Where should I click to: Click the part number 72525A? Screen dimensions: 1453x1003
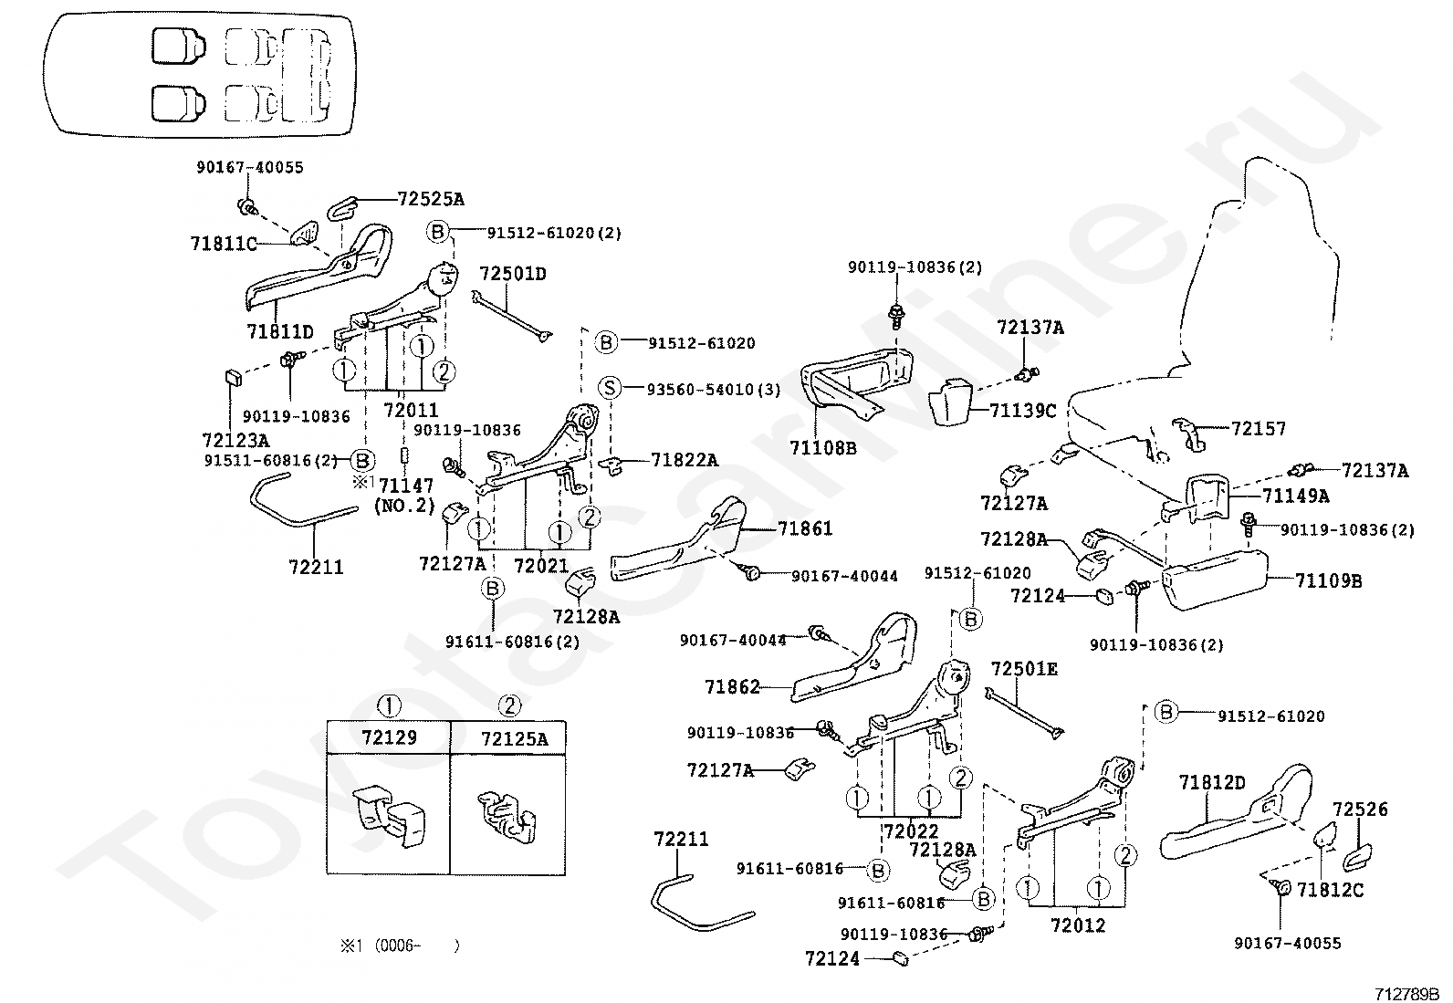point(431,199)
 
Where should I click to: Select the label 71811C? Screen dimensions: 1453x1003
point(224,244)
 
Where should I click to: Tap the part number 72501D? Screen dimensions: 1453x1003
point(513,273)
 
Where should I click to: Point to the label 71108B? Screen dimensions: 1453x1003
point(823,447)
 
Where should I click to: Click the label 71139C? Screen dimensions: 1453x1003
point(1023,411)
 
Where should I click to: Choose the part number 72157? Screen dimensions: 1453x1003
point(1259,428)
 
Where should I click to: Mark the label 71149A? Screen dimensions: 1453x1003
point(1296,496)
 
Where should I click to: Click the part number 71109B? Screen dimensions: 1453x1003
point(1329,580)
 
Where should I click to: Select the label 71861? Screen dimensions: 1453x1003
point(805,528)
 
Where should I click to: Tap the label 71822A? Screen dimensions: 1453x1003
point(685,460)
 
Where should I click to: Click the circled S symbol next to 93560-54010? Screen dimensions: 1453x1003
point(609,389)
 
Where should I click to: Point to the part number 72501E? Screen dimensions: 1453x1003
point(1024,669)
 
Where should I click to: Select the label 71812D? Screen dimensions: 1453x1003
point(1212,783)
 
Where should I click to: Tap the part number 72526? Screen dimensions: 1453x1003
point(1360,809)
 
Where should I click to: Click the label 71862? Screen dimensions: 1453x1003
point(732,686)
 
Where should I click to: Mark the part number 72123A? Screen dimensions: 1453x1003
point(235,441)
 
